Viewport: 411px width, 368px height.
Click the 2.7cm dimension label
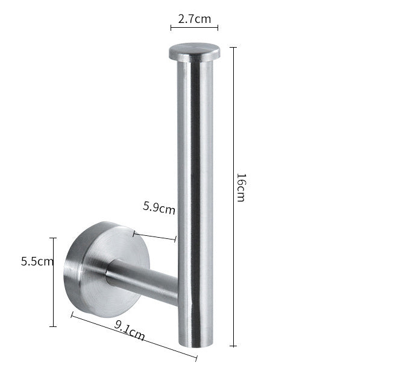(195, 19)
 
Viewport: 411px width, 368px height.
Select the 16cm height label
(241, 187)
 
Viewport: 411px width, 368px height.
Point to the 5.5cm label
(37, 261)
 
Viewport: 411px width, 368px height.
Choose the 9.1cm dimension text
(130, 331)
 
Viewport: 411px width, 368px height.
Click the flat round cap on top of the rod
(195, 52)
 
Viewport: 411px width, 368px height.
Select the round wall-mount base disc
(107, 269)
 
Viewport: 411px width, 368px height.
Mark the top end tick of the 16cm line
(233, 48)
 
